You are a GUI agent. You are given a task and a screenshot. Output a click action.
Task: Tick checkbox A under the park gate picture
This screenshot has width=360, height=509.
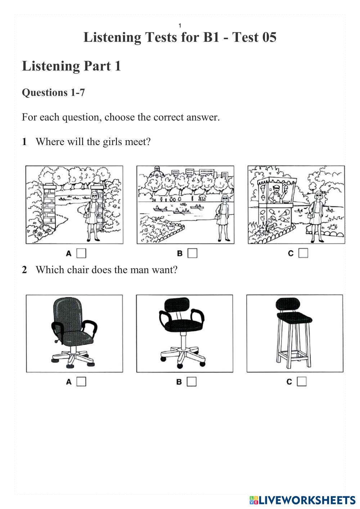[x=81, y=253]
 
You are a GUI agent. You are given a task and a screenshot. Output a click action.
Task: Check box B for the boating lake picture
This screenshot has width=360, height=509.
[x=192, y=253]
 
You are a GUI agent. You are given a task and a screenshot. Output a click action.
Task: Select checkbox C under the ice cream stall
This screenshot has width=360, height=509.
[x=303, y=253]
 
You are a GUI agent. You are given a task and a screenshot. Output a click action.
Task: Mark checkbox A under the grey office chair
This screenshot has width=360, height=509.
[x=81, y=382]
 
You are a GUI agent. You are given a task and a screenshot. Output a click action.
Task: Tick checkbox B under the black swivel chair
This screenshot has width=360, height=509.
[x=192, y=382]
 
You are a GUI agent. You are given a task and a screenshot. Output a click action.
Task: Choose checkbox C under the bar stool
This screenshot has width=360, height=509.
[x=302, y=381]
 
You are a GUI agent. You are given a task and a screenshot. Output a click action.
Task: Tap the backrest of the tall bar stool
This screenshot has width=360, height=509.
[x=288, y=303]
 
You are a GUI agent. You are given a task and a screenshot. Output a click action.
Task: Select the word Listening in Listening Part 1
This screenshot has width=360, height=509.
[x=51, y=66]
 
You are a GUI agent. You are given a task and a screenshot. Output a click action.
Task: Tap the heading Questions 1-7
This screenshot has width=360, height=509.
[x=53, y=93]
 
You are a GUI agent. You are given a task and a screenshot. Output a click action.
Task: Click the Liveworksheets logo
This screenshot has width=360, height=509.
[x=302, y=500]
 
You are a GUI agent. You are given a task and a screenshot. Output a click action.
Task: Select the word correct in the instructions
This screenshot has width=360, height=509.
[x=168, y=117]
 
